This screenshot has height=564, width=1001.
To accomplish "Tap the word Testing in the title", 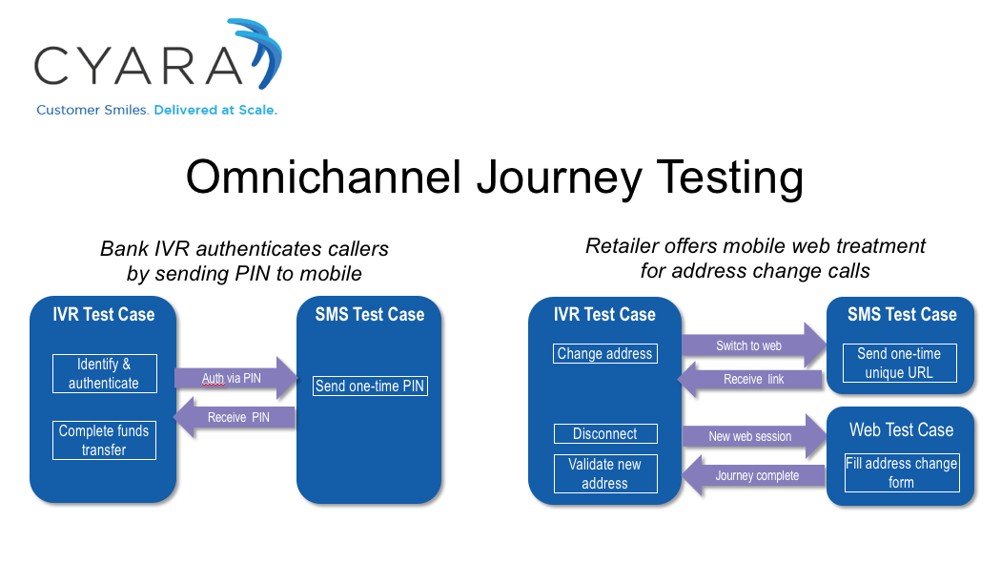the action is tap(730, 178).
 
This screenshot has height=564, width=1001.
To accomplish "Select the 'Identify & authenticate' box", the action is tap(105, 374).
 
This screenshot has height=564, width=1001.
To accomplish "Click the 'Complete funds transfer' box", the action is tap(104, 440).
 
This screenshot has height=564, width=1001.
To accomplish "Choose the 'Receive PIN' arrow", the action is tap(235, 417).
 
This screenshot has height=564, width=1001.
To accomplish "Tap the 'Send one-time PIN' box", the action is tap(370, 386).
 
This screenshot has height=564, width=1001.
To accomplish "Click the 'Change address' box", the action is tap(605, 354).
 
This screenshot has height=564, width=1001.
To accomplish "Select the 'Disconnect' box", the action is tap(605, 433).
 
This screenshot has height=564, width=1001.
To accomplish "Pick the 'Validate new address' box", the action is tap(605, 473).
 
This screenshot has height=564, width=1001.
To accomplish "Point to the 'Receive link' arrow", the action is tap(750, 380).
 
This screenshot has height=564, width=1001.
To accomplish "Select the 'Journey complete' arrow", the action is tap(754, 475).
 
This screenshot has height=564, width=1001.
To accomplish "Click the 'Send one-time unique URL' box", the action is tap(900, 363).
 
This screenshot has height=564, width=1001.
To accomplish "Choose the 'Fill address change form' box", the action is tap(902, 472).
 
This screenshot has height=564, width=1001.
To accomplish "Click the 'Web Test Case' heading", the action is tap(902, 429).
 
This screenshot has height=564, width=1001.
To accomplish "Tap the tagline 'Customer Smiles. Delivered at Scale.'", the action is tap(157, 110).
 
